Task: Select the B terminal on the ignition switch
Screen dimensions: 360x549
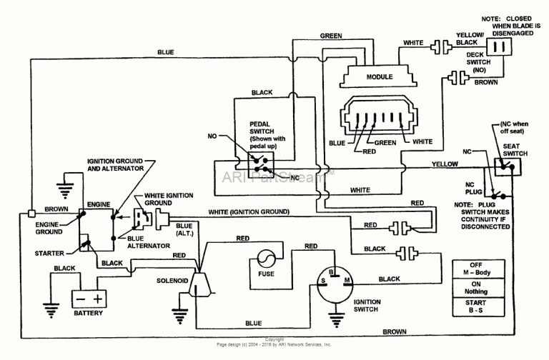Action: pyautogui.click(x=331, y=272)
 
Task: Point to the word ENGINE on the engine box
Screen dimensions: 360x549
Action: pyautogui.click(x=99, y=204)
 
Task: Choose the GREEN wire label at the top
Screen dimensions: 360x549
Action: pyautogui.click(x=330, y=35)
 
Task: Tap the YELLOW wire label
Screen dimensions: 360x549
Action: pyautogui.click(x=445, y=164)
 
